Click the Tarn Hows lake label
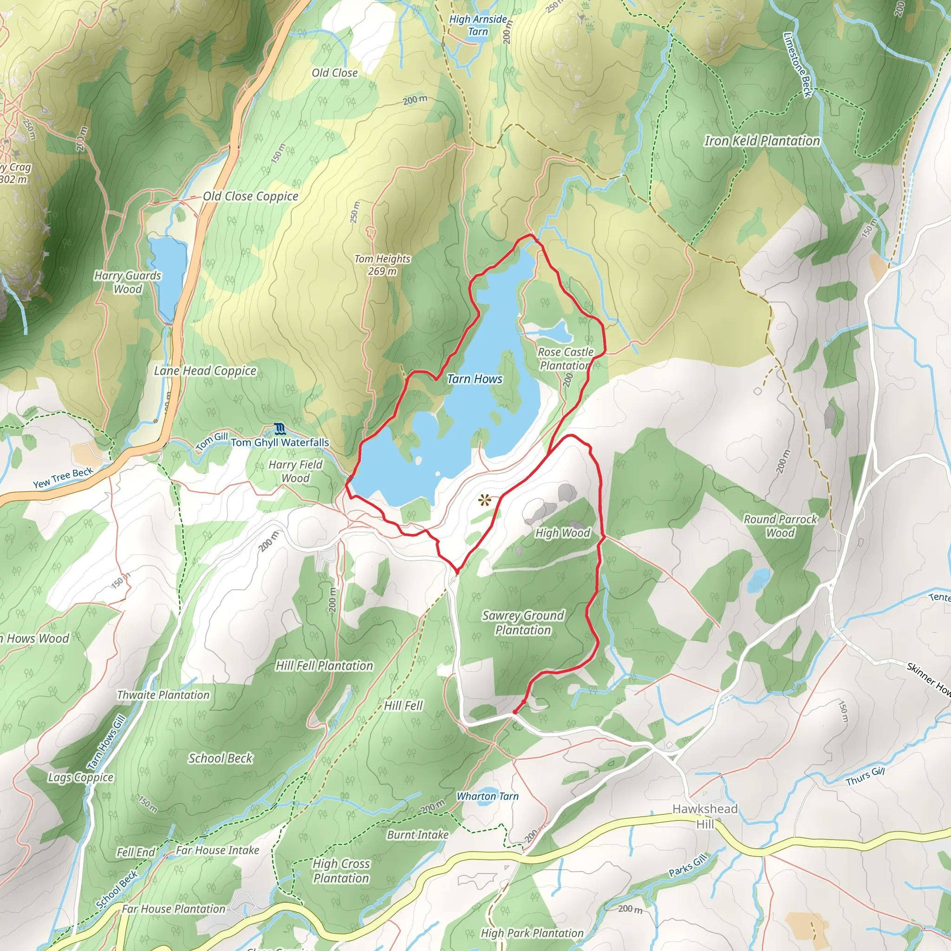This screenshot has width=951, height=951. tap(475, 379)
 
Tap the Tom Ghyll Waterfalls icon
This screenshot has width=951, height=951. tap(280, 429)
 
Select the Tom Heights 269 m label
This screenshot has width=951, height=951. tap(383, 265)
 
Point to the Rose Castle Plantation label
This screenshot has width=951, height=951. tap(565, 359)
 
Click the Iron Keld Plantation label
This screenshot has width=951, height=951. tap(762, 141)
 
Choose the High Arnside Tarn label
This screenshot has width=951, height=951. tap(478, 26)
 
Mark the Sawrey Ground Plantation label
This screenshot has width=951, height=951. tap(523, 623)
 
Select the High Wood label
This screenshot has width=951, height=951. tap(563, 533)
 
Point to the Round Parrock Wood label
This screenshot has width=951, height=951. tap(780, 526)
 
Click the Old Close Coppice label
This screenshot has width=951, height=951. tap(251, 196)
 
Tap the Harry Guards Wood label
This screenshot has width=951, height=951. tap(128, 282)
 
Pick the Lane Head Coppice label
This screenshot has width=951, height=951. tap(205, 371)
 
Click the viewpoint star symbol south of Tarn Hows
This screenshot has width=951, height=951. tap(485, 501)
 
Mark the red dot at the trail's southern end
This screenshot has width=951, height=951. tap(515, 712)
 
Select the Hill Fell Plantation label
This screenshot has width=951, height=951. tap(325, 665)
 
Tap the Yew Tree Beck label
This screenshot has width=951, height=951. tap(63, 478)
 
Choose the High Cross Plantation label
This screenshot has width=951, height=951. tap(341, 871)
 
